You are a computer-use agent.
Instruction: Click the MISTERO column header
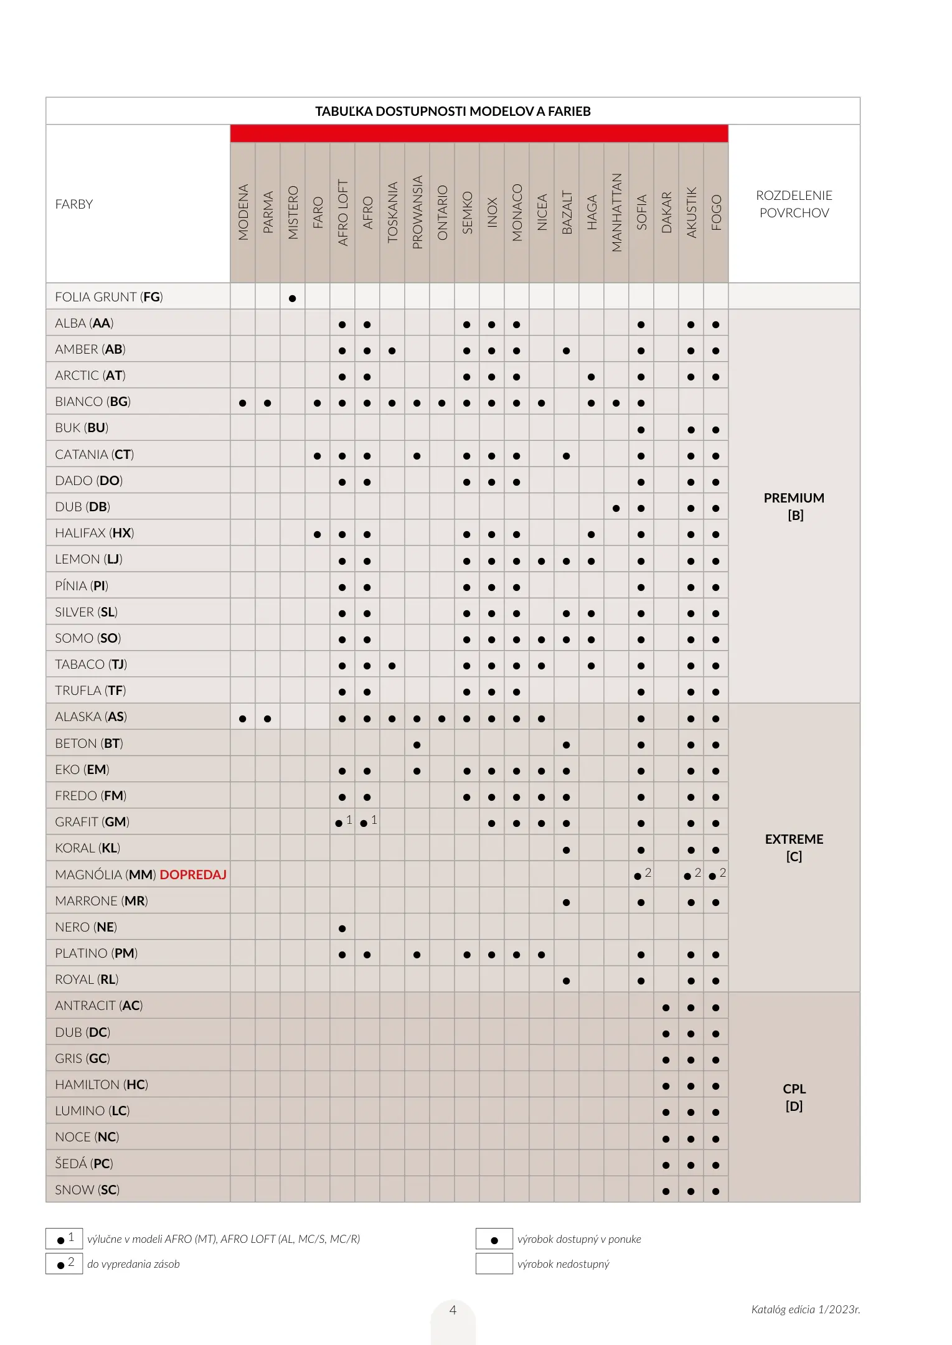293,212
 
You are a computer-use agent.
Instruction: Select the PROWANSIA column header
417,212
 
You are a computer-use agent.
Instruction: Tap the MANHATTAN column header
616,212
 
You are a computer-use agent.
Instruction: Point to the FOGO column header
716,212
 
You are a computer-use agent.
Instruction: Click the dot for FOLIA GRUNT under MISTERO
293,298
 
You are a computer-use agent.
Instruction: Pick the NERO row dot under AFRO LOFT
342,928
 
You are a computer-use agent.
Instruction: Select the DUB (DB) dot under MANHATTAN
616,508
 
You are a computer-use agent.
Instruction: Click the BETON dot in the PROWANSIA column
417,745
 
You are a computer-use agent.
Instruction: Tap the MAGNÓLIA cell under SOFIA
641,875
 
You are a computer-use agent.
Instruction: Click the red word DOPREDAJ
193,875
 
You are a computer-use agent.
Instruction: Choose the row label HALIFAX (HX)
95,533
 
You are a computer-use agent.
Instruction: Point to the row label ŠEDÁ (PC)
84,1163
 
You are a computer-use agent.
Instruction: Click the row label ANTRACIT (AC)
99,1006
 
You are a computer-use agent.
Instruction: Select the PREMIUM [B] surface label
794,506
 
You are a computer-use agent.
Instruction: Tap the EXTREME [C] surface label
794,847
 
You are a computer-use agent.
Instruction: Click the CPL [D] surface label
794,1097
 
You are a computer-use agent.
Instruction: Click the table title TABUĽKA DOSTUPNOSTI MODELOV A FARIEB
453,111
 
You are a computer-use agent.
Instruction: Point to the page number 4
453,1310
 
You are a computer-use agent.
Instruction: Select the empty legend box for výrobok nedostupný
494,1263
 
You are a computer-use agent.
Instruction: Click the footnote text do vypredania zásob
133,1264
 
